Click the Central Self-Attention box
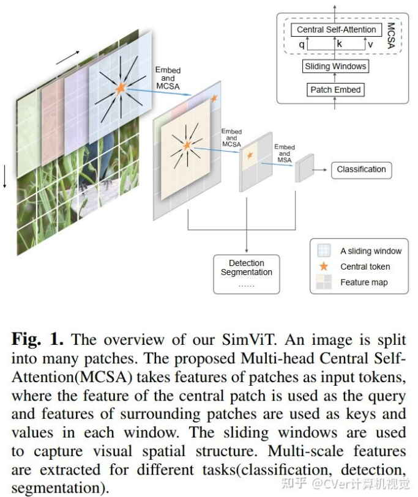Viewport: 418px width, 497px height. [x=336, y=30]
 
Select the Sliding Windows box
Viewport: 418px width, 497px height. [x=335, y=66]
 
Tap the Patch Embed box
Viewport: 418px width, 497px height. [x=335, y=90]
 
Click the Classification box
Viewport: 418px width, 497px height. [x=361, y=170]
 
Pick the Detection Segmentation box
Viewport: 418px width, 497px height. [x=247, y=274]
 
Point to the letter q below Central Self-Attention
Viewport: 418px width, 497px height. [x=302, y=45]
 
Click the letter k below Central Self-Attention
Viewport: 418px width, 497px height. [x=339, y=44]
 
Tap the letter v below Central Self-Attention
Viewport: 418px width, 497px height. [x=370, y=45]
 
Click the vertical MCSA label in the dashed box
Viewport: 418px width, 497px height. [x=391, y=35]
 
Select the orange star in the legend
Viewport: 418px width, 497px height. [x=324, y=267]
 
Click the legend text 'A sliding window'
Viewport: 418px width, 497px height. [x=371, y=251]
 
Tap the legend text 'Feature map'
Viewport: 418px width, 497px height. [x=364, y=282]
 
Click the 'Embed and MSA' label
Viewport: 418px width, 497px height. [x=285, y=153]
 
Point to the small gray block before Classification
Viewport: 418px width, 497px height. [x=304, y=168]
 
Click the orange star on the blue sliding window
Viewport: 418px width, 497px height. [x=121, y=88]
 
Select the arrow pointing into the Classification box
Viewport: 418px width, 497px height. [x=319, y=170]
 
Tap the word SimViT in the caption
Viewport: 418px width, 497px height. [x=248, y=340]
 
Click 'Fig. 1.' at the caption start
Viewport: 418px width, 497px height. [x=37, y=339]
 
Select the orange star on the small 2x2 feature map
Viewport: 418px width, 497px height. [x=250, y=155]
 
